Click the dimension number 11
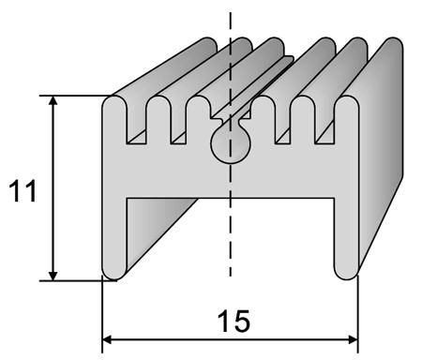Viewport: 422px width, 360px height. tap(23, 191)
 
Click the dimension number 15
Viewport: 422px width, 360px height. tap(234, 321)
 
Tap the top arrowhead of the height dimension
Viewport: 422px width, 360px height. tap(53, 100)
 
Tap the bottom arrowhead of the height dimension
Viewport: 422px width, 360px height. tap(53, 276)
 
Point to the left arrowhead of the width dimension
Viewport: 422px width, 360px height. tap(107, 339)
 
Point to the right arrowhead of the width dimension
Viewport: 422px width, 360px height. tap(354, 339)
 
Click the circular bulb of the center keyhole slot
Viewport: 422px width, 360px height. tap(231, 144)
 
